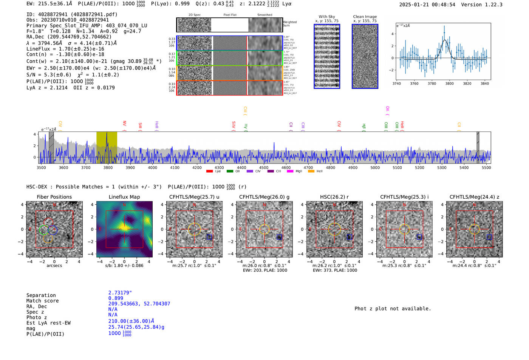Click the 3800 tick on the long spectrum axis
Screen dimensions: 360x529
[x=108, y=167]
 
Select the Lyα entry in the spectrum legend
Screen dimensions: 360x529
[x=218, y=172]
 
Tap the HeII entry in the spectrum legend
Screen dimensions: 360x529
[x=319, y=172]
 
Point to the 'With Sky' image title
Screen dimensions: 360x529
[x=327, y=17]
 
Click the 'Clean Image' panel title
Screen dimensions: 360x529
[x=365, y=17]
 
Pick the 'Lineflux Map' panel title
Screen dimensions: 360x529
[x=124, y=197]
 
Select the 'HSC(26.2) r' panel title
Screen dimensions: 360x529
[x=334, y=197]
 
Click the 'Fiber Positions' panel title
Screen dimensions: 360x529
[x=54, y=197]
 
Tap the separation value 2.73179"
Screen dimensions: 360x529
[x=120, y=293]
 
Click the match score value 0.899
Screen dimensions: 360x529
[x=116, y=298]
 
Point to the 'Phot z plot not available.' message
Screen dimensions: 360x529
[x=393, y=309]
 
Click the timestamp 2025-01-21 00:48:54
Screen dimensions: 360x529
[x=427, y=5]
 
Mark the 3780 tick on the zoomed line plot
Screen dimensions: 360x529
[x=432, y=83]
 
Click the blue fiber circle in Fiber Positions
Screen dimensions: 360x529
[x=53, y=230]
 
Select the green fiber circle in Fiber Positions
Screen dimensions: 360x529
[x=44, y=230]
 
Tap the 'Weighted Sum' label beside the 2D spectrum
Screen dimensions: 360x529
[x=289, y=24]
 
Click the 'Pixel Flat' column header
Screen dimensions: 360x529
[x=230, y=15]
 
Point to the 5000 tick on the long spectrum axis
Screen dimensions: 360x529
[x=375, y=167]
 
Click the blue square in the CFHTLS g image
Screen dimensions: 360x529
[x=279, y=237]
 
